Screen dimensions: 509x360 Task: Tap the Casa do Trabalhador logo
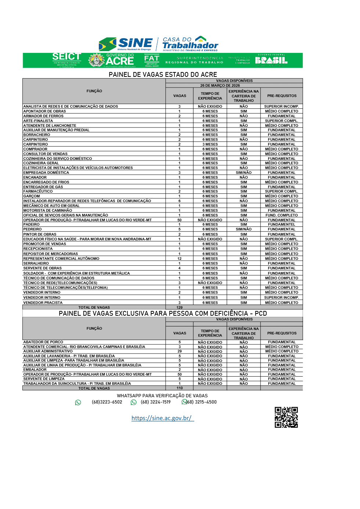pos(190,44)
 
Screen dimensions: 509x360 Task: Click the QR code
pos(286,417)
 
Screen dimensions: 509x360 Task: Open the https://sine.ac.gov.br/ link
pos(162,418)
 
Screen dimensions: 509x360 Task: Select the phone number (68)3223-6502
pos(107,402)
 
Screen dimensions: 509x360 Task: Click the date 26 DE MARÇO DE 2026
pos(220,85)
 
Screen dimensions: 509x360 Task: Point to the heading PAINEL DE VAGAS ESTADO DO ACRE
pos(163,75)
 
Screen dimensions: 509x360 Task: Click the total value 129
pos(180,307)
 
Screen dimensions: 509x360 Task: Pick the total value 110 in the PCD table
pos(180,388)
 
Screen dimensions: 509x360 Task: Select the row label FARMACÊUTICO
pos(38,191)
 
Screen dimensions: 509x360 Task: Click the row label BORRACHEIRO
pos(37,135)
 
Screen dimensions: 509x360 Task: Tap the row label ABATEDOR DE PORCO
pos(43,342)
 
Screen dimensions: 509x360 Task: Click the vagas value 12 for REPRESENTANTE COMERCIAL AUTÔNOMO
pos(180,259)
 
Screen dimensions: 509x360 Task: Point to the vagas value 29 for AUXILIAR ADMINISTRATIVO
pos(180,351)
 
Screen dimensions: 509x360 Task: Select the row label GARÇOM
pos(32,196)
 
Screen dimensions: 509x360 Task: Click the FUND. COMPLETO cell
pos(282,215)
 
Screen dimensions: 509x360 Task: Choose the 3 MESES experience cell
pos(210,144)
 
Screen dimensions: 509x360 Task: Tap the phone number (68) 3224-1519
pos(156,402)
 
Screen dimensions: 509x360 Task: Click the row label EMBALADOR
pos(35,370)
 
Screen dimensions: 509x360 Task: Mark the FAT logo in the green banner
pos(152,60)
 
